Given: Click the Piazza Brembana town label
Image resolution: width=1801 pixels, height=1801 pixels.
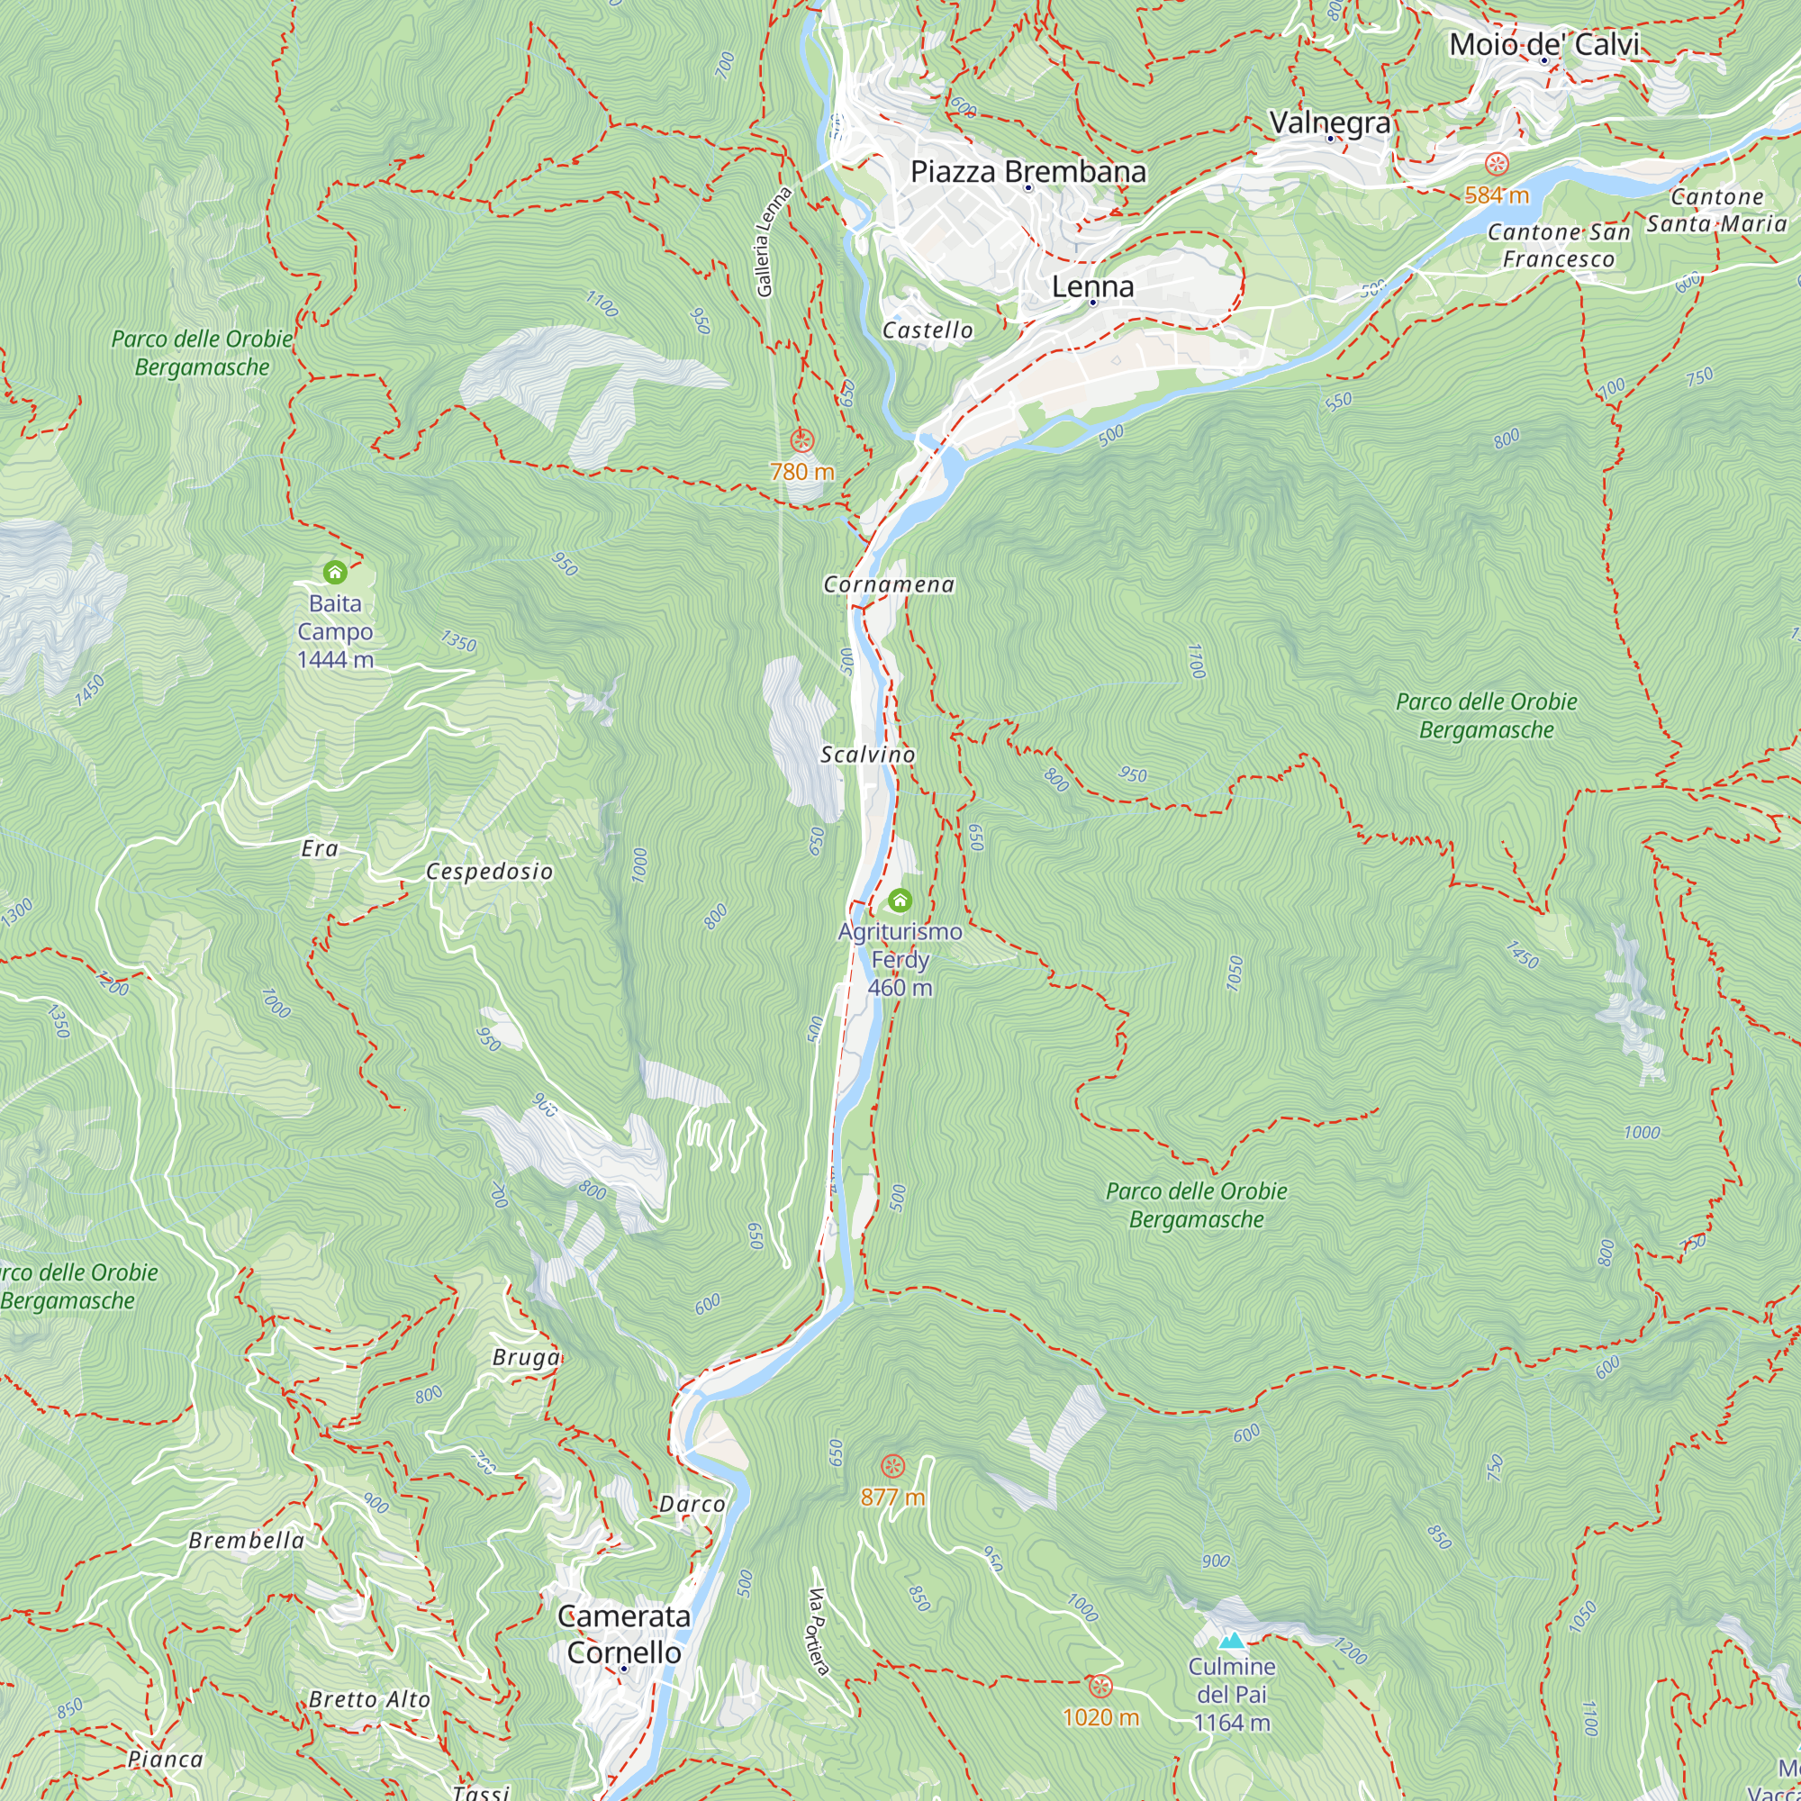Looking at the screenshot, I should [x=1027, y=171].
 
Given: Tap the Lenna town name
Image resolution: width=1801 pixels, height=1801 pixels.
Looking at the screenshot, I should [x=1092, y=286].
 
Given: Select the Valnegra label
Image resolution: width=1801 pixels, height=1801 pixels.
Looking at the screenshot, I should [x=1329, y=122].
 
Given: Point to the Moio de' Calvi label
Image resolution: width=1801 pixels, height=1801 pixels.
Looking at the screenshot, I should [x=1543, y=44].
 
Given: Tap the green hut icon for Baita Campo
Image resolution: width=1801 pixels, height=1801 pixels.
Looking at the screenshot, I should [x=335, y=572].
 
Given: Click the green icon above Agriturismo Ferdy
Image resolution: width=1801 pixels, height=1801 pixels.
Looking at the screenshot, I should [x=900, y=900].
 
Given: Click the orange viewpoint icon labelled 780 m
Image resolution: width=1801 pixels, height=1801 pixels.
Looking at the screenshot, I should [x=801, y=441].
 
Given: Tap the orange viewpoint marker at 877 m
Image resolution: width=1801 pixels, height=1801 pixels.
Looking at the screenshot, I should [x=893, y=1466].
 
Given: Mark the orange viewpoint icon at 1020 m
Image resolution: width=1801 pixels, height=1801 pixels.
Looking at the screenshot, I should [x=1100, y=1686].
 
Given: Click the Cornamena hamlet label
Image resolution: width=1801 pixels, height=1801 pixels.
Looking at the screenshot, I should [x=889, y=584].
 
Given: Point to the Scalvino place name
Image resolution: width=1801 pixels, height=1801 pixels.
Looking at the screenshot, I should [x=867, y=754].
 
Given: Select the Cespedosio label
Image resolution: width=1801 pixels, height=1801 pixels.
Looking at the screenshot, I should [x=489, y=872].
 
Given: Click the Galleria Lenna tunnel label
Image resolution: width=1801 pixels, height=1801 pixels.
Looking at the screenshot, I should [x=774, y=241].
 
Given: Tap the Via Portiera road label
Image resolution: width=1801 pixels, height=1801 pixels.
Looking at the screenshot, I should [x=818, y=1631].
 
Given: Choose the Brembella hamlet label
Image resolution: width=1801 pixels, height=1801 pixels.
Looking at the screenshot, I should [x=246, y=1540].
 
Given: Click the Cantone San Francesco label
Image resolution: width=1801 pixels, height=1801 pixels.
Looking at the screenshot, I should [x=1558, y=245].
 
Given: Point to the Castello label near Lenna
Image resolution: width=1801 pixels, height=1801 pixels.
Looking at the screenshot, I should [x=928, y=330].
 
